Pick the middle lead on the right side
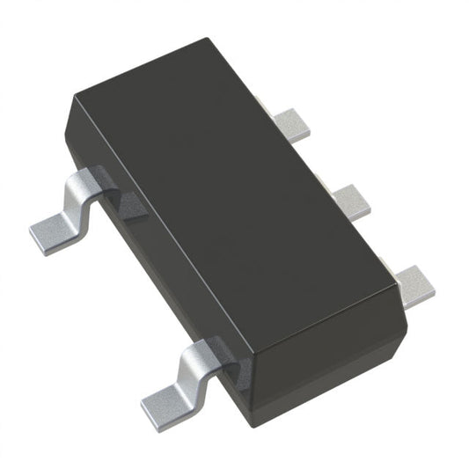[353, 202]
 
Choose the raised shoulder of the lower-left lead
[202, 352]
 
